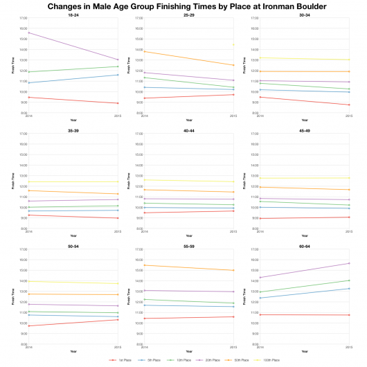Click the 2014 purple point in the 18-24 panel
[29, 33]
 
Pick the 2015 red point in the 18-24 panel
[118, 103]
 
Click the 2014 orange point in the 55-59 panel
[144, 265]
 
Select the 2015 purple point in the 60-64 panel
[348, 263]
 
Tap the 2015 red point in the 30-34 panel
[348, 105]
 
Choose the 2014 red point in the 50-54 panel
[29, 326]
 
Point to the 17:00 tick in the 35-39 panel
[23, 134]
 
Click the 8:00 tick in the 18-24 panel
[23, 113]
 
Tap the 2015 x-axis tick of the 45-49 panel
[348, 232]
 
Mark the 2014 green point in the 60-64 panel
[260, 292]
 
